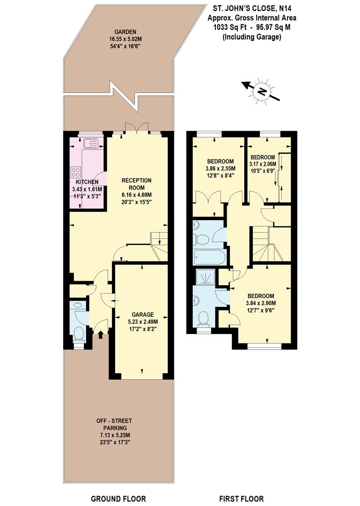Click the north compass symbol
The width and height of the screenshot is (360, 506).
[x=261, y=91]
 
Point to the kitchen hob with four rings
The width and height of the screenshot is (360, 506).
[x=76, y=172]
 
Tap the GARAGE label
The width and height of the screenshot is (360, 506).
[x=142, y=315]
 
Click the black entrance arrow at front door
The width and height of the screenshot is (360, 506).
[x=101, y=334]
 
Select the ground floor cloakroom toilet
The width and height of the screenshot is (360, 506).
[x=79, y=334]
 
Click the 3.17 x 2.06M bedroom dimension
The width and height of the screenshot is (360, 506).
[x=263, y=164]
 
